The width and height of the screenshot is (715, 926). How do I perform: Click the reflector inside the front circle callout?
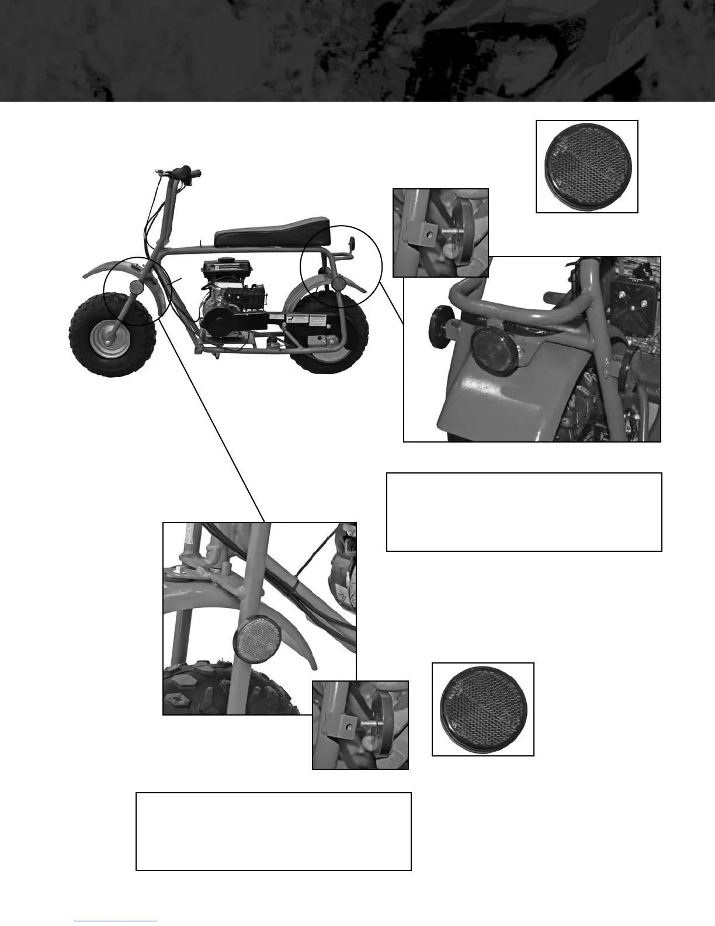point(136,288)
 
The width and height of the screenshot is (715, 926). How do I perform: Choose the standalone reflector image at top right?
point(586,167)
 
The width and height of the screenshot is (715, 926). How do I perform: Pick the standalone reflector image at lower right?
point(483,709)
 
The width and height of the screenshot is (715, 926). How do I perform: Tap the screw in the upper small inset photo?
point(450,231)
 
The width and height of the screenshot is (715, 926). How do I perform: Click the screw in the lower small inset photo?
point(370,724)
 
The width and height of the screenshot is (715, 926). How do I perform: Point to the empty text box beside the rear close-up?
point(524,512)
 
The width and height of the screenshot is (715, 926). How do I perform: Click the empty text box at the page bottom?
point(273,831)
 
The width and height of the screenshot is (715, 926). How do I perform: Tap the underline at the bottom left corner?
point(116,921)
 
